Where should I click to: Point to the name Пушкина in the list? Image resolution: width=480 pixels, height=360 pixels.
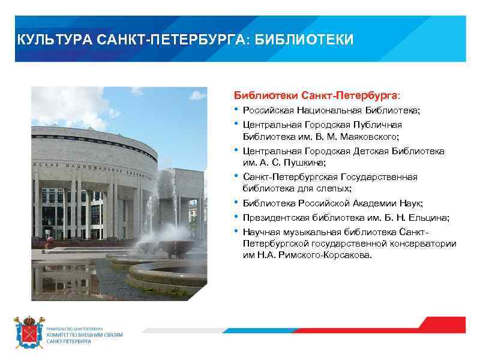pos(304,162)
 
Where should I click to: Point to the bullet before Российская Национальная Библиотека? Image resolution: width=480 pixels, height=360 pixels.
pos(236,110)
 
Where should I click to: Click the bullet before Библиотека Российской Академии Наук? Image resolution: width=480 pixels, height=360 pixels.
pos(236,203)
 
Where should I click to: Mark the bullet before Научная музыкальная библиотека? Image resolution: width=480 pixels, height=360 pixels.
pos(236,232)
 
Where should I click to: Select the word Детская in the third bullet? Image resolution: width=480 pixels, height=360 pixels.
pos(359,151)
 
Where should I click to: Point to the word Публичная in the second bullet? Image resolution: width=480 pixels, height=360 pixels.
pos(379,125)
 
